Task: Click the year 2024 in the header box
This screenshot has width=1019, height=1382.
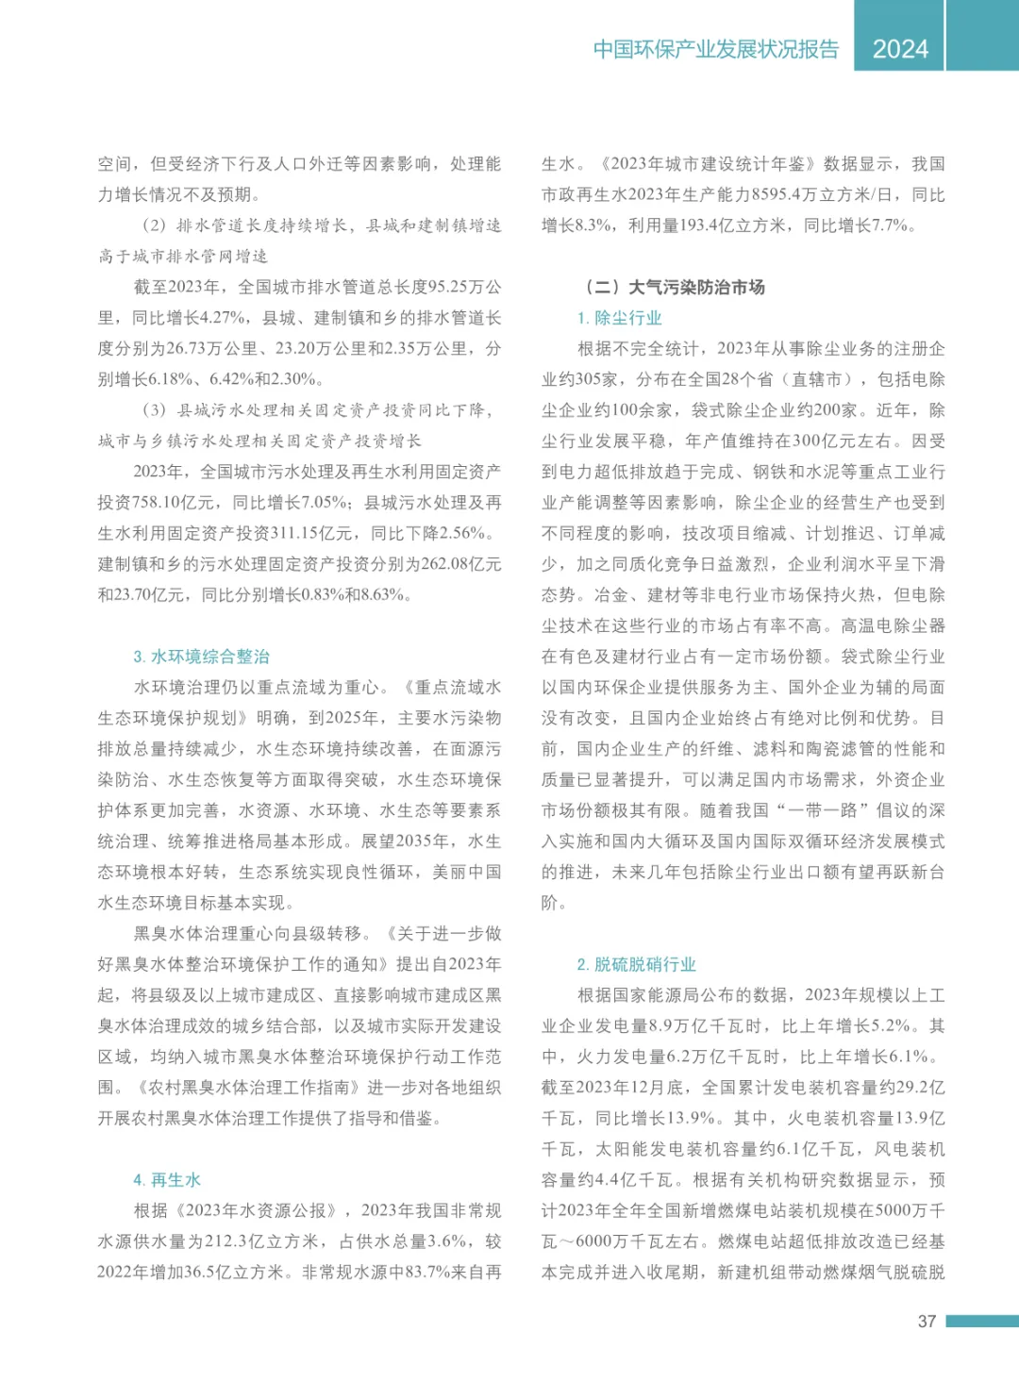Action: coord(900,49)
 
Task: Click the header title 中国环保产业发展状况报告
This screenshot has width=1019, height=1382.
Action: coord(716,49)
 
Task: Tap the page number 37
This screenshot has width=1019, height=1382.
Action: coord(927,1322)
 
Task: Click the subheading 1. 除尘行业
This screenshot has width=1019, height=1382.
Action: coord(620,318)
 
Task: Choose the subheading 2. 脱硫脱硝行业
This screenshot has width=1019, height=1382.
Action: coord(637,964)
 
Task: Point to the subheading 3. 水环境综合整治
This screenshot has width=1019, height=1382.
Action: coord(202,657)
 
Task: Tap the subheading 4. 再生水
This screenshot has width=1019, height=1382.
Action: coord(167,1180)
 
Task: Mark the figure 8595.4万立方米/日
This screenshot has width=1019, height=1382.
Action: coord(826,194)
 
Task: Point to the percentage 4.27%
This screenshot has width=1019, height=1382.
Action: coord(226,318)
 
